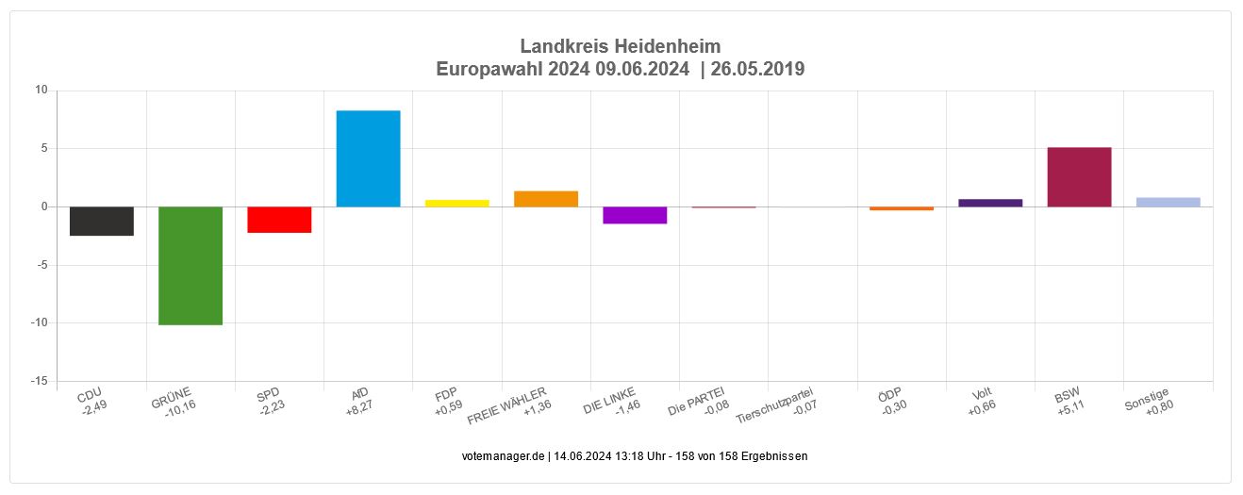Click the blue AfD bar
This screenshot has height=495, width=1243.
pyautogui.click(x=368, y=158)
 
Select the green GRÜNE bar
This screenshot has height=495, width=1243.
pyautogui.click(x=191, y=265)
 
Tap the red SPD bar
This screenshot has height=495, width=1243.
pyautogui.click(x=279, y=220)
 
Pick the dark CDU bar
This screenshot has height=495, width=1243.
pyautogui.click(x=102, y=221)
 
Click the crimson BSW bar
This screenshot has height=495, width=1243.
pyautogui.click(x=1079, y=177)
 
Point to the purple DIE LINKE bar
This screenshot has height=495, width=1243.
pyautogui.click(x=635, y=215)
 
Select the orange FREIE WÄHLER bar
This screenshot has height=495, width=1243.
pyautogui.click(x=546, y=199)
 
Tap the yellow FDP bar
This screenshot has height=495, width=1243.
pyautogui.click(x=457, y=203)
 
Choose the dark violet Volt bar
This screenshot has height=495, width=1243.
pyautogui.click(x=990, y=203)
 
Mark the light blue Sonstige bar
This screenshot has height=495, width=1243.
pyautogui.click(x=1168, y=202)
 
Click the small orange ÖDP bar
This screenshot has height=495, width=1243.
pyautogui.click(x=902, y=208)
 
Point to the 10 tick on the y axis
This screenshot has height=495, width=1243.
pyautogui.click(x=41, y=91)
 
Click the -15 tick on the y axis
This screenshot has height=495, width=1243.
pyautogui.click(x=39, y=381)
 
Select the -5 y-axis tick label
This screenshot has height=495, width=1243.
pyautogui.click(x=41, y=265)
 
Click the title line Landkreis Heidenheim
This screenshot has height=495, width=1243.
pyautogui.click(x=621, y=46)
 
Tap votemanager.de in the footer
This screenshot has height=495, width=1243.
pyautogui.click(x=504, y=456)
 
